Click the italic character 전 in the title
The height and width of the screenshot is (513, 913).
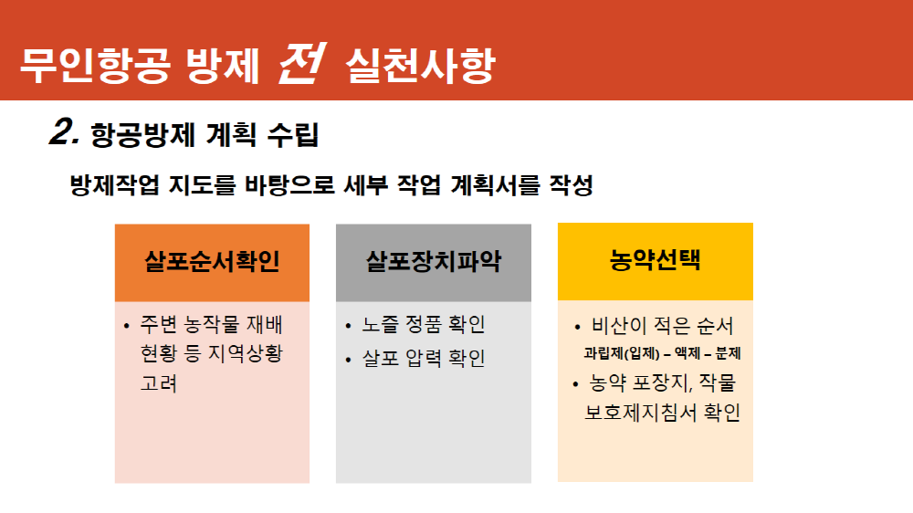point(302,63)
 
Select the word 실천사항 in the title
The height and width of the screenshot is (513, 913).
point(420,65)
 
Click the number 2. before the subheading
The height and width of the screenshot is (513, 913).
point(64,131)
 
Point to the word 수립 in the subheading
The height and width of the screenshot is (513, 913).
point(293,134)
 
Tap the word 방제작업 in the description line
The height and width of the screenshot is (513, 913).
point(114,185)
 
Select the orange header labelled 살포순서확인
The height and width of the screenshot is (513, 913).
point(212,263)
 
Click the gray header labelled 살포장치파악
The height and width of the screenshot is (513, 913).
point(433,263)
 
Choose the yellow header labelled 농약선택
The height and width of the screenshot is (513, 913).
point(655,261)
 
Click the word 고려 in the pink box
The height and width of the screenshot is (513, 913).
point(158,383)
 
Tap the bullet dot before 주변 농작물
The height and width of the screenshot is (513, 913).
point(126,326)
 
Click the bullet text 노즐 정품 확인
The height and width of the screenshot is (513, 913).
point(424,324)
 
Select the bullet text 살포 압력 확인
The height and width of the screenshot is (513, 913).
point(424,358)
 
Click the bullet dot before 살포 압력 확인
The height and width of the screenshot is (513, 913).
point(348,360)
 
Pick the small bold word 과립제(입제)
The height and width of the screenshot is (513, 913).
point(622,353)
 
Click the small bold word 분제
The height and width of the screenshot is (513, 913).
point(728,353)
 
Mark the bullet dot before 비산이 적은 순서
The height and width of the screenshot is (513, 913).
point(577,327)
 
